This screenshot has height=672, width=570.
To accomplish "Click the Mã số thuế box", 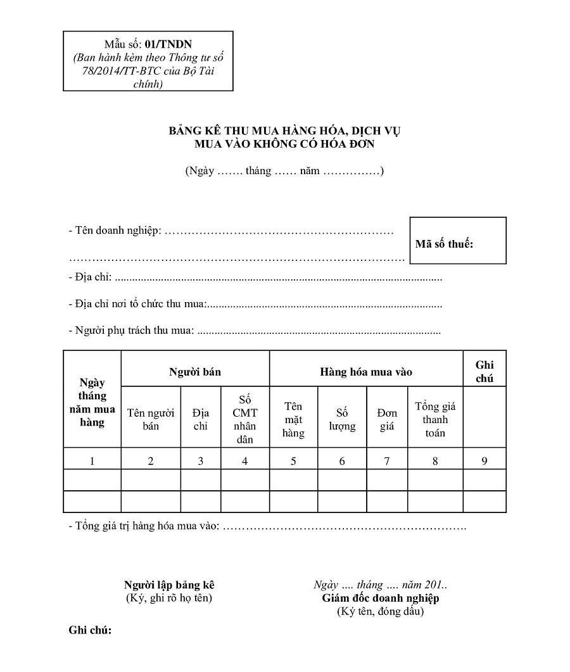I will point(458,241).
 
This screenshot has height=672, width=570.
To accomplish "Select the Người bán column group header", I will point(195,372).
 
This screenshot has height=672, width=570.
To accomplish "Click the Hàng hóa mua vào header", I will point(366,372).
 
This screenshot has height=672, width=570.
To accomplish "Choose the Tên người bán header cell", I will point(151,419).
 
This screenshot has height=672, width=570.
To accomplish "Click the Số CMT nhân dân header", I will point(245,419).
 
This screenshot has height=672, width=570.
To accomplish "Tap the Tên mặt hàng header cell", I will point(293,419).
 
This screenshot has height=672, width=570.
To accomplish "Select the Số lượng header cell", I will point(342,419).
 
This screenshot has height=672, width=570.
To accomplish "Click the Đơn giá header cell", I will point(387,419).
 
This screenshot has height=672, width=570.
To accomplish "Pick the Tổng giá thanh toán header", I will point(435,419).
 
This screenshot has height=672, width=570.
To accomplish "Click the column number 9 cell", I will point(484,461).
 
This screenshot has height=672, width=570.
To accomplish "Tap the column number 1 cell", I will point(92,461).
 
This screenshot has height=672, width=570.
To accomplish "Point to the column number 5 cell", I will point(293,461).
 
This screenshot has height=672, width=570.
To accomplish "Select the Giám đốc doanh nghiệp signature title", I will point(380,598).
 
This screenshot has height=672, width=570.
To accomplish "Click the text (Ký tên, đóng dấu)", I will point(380,611).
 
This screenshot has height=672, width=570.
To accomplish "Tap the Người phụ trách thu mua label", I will point(130,330).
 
